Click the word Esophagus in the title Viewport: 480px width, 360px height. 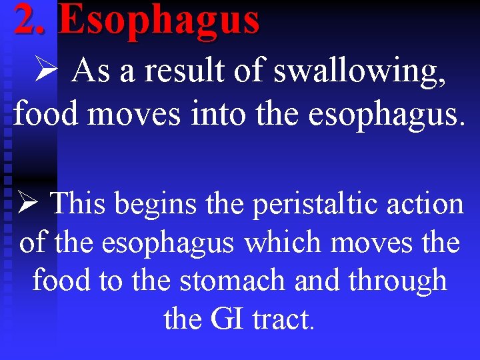[x=159, y=20]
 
